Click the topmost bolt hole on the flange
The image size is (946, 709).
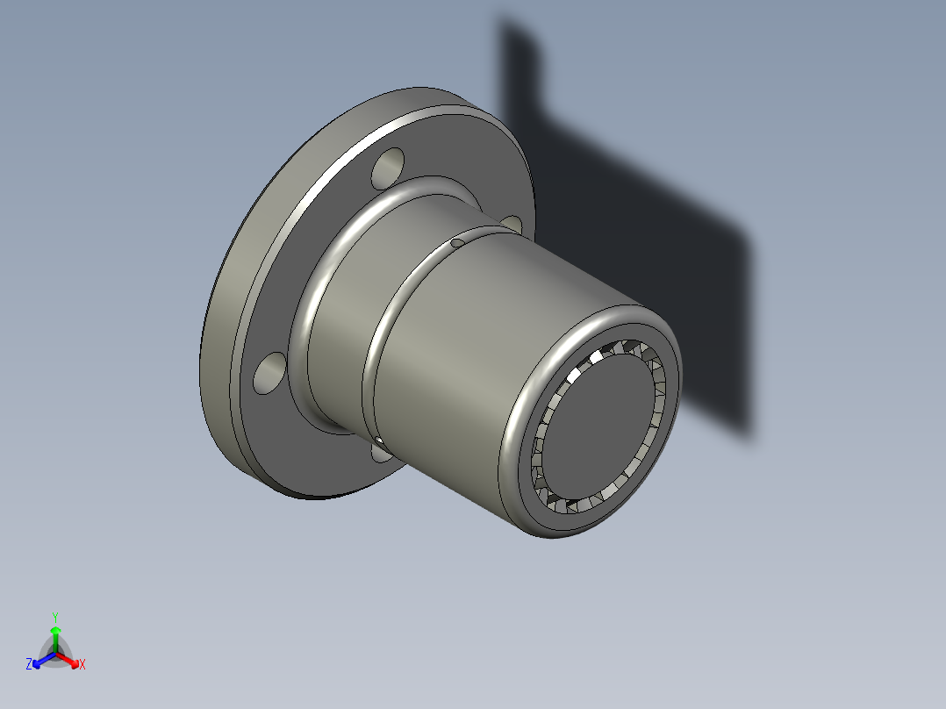tap(388, 168)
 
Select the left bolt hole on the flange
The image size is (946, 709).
tap(269, 372)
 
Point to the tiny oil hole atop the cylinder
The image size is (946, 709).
tap(457, 242)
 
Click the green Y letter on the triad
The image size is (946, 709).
tap(55, 617)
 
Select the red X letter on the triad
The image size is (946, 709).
tap(82, 665)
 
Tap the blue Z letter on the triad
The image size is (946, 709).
tap(29, 665)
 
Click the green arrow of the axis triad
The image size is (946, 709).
tap(55, 636)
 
